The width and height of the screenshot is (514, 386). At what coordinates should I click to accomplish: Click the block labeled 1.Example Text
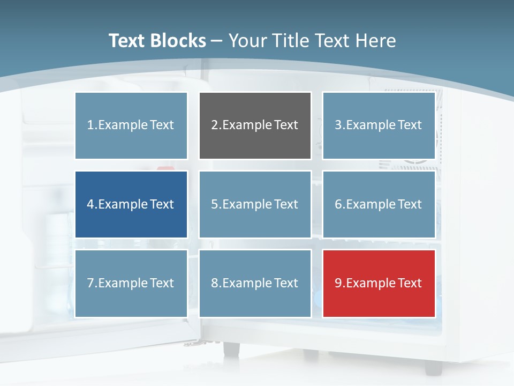pyautogui.click(x=131, y=125)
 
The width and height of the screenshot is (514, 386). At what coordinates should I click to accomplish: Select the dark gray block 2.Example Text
pyautogui.click(x=255, y=125)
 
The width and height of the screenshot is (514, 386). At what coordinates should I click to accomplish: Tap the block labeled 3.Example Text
pyautogui.click(x=379, y=125)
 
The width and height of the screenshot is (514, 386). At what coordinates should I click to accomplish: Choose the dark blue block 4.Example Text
pyautogui.click(x=131, y=204)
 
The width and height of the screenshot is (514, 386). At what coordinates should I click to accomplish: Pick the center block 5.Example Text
pyautogui.click(x=255, y=204)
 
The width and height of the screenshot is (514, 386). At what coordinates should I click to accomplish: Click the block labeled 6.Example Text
pyautogui.click(x=379, y=204)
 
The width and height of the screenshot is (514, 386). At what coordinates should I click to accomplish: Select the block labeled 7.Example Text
pyautogui.click(x=131, y=283)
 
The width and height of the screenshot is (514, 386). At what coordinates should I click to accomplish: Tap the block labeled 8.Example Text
pyautogui.click(x=255, y=283)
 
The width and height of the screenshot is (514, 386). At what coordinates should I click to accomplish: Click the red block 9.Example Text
pyautogui.click(x=379, y=283)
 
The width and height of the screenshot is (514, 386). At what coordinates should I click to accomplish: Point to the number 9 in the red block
pyautogui.click(x=338, y=283)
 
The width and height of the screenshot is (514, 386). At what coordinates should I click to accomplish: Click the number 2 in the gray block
pyautogui.click(x=214, y=125)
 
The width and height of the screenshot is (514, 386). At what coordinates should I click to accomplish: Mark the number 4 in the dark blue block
pyautogui.click(x=90, y=204)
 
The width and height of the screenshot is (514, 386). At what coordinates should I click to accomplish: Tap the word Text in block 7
pyautogui.click(x=162, y=283)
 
